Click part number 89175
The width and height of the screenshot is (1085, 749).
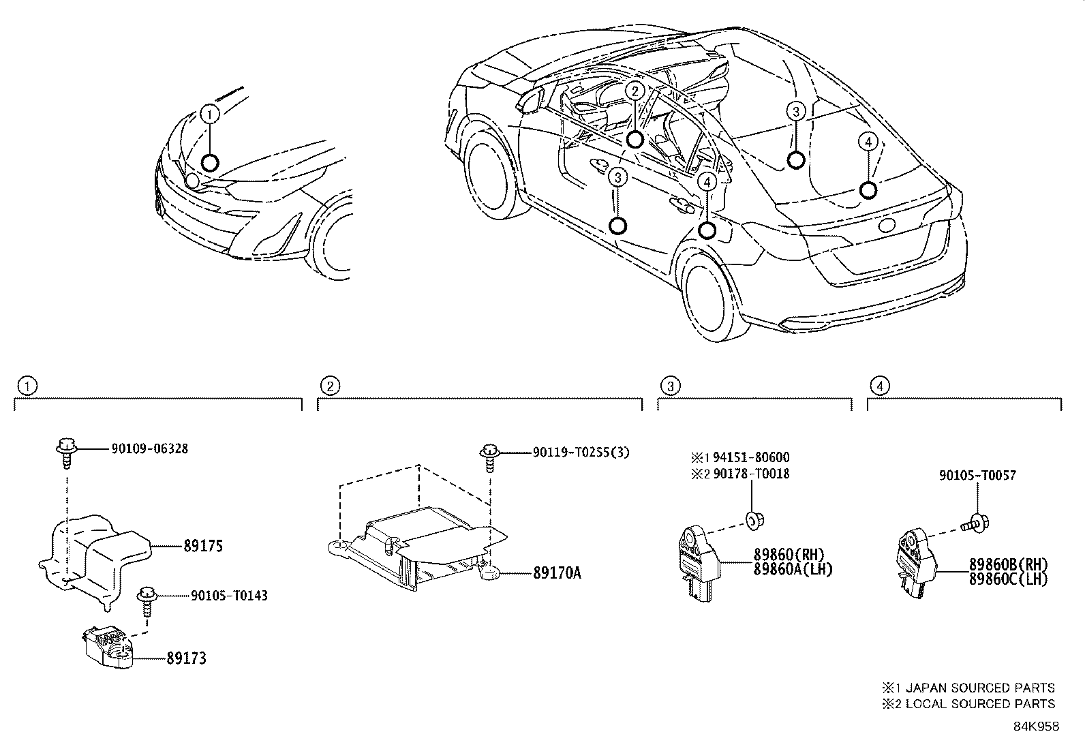(x=202, y=547)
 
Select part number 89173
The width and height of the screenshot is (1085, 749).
(x=186, y=658)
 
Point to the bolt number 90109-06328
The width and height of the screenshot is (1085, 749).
(x=149, y=448)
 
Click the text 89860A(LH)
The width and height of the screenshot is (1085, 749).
(x=793, y=570)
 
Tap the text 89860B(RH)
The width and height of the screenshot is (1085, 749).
(x=1008, y=564)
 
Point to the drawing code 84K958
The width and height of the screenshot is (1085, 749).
(x=1035, y=727)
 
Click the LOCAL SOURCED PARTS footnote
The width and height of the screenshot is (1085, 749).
(x=975, y=704)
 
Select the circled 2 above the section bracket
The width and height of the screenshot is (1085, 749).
(x=330, y=386)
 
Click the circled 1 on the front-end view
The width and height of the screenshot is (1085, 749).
(x=210, y=114)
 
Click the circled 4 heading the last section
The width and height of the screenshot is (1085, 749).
(x=880, y=386)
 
